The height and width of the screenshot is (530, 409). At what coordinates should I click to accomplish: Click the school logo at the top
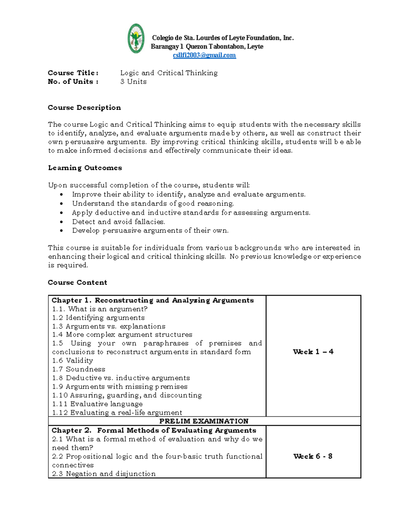136,39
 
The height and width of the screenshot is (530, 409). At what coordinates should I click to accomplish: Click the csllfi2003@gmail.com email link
204,55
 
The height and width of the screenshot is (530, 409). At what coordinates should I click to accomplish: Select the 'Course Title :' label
73,73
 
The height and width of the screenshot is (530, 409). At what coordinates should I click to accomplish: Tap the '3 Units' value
133,82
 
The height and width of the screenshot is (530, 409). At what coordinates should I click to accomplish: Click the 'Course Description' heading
84,108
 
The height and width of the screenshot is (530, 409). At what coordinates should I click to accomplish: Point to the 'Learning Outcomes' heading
85,168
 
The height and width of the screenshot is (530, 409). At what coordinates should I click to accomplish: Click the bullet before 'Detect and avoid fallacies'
61,222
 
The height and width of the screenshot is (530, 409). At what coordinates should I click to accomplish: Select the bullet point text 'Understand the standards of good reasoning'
153,203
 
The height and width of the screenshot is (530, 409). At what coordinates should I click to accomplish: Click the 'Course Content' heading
77,282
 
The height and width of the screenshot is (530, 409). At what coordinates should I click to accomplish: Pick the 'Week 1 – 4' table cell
313,352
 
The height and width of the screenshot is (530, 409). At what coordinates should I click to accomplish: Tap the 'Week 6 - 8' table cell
313,456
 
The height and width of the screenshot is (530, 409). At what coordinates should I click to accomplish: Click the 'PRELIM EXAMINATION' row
204,421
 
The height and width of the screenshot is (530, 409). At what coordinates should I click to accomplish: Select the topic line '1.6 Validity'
72,360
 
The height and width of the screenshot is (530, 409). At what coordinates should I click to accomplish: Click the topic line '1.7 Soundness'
78,369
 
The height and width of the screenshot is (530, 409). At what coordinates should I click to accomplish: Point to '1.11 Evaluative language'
97,404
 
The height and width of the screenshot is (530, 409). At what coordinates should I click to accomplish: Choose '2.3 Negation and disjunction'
104,474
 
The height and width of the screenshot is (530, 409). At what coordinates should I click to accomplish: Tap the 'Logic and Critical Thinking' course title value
169,73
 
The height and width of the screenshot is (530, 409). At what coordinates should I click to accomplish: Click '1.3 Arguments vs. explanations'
108,326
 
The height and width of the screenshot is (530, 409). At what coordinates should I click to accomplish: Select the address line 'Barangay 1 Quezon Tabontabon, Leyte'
207,46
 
